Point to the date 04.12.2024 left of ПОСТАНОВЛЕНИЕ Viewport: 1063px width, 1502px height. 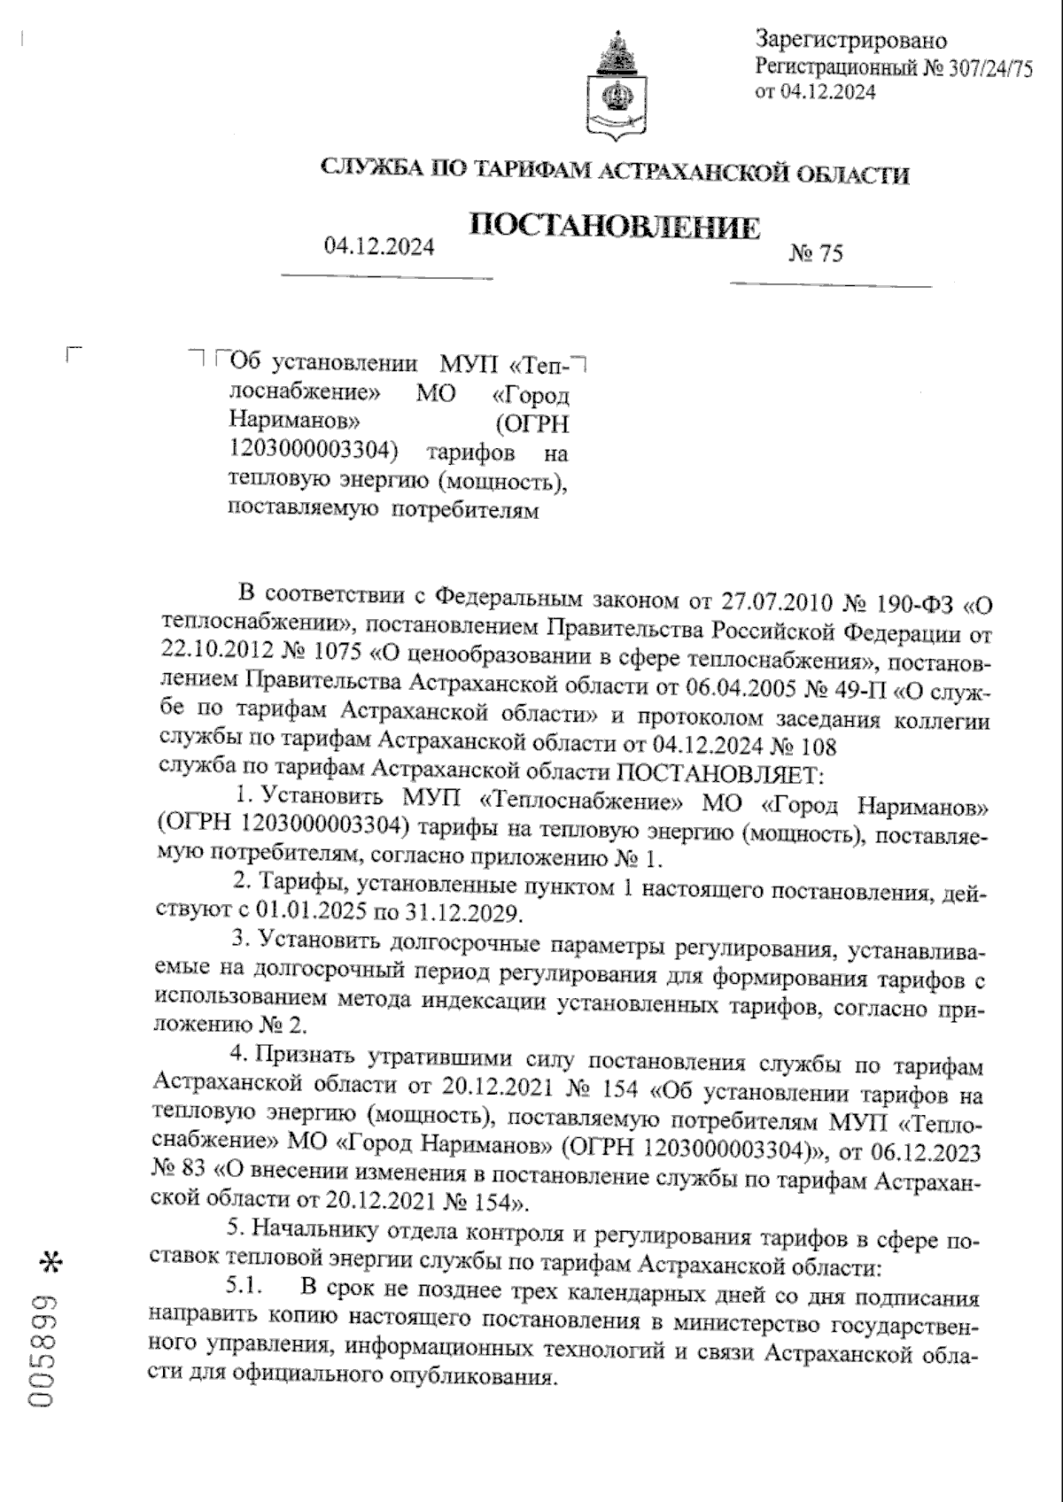[x=379, y=247]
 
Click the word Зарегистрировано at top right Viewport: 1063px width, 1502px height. [x=850, y=41]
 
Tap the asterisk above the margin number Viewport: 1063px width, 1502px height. [x=49, y=1262]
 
